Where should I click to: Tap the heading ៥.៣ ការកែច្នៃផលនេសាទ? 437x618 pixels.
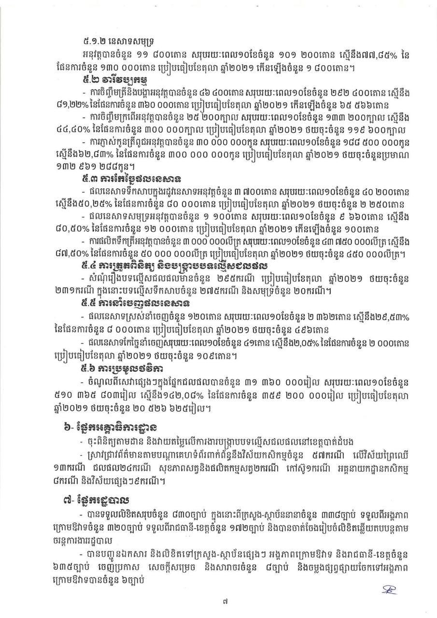(133, 180)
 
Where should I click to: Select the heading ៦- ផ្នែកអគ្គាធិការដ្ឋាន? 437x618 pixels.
(116, 428)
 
